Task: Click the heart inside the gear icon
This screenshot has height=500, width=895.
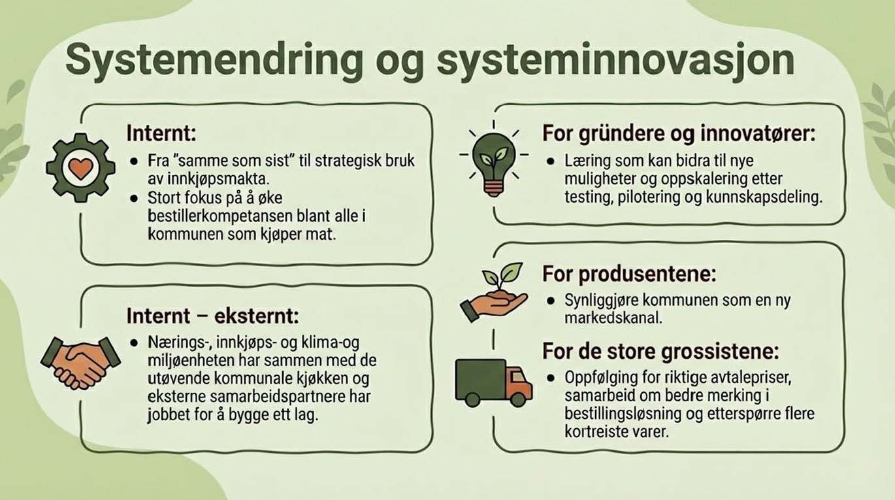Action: click(x=80, y=168)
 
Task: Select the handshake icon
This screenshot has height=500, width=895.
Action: click(x=80, y=361)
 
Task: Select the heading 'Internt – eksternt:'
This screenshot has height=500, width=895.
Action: click(x=212, y=317)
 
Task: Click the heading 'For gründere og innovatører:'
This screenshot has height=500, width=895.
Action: click(x=679, y=134)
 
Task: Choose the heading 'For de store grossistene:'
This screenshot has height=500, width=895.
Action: click(x=660, y=352)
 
